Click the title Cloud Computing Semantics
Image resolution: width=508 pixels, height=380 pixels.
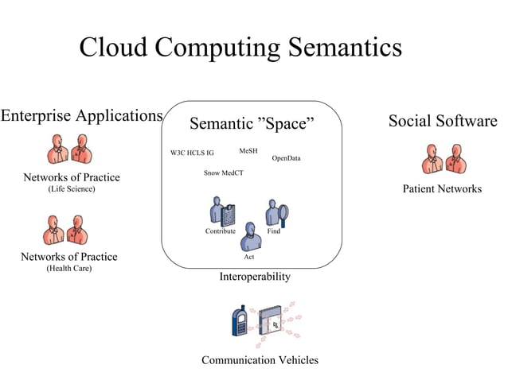coord(240,48)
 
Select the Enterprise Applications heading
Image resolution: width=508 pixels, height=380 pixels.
coord(81,116)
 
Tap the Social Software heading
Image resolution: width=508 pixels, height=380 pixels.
coord(442,121)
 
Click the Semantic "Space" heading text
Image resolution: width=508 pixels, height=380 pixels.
coord(252,124)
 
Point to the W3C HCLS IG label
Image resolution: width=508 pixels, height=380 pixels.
coord(192,153)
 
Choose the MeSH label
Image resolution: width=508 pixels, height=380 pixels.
coord(248,150)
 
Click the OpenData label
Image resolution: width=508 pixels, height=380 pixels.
coord(286,158)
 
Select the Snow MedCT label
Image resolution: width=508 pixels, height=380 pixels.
coord(224,173)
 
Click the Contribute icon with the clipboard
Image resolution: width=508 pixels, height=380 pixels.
coord(222,211)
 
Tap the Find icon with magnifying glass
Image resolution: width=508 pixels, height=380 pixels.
coord(276,212)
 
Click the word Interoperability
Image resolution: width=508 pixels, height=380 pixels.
coord(255,277)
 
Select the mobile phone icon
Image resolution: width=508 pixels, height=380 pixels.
coord(238,320)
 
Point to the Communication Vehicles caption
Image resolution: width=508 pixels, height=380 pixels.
coord(260,360)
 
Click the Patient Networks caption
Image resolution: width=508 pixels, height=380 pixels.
coord(442,189)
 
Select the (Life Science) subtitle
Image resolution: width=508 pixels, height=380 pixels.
coord(72,189)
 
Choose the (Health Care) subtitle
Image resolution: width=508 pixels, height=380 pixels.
coord(68,269)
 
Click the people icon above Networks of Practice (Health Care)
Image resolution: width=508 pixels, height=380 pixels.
coord(66,230)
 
